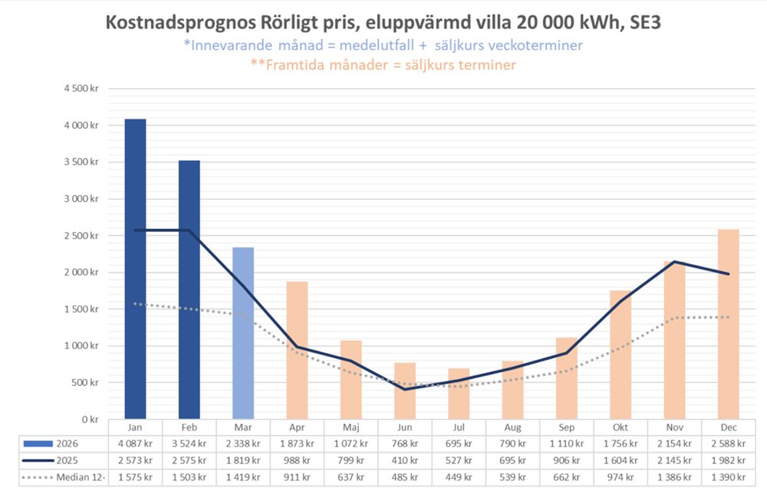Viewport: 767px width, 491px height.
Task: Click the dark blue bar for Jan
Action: (x=135, y=269)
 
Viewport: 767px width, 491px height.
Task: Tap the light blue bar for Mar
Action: (x=243, y=333)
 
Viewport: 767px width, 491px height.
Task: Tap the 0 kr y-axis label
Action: (x=91, y=420)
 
